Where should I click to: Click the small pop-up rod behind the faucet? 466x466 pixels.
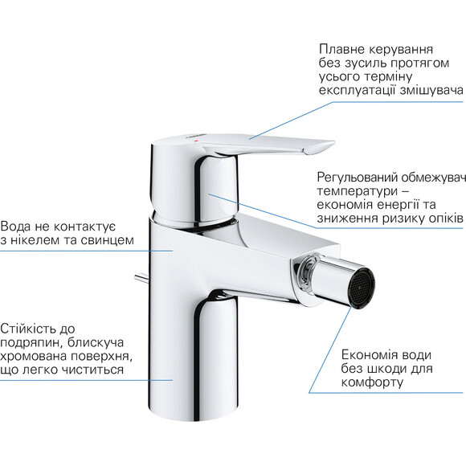point(141,279)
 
